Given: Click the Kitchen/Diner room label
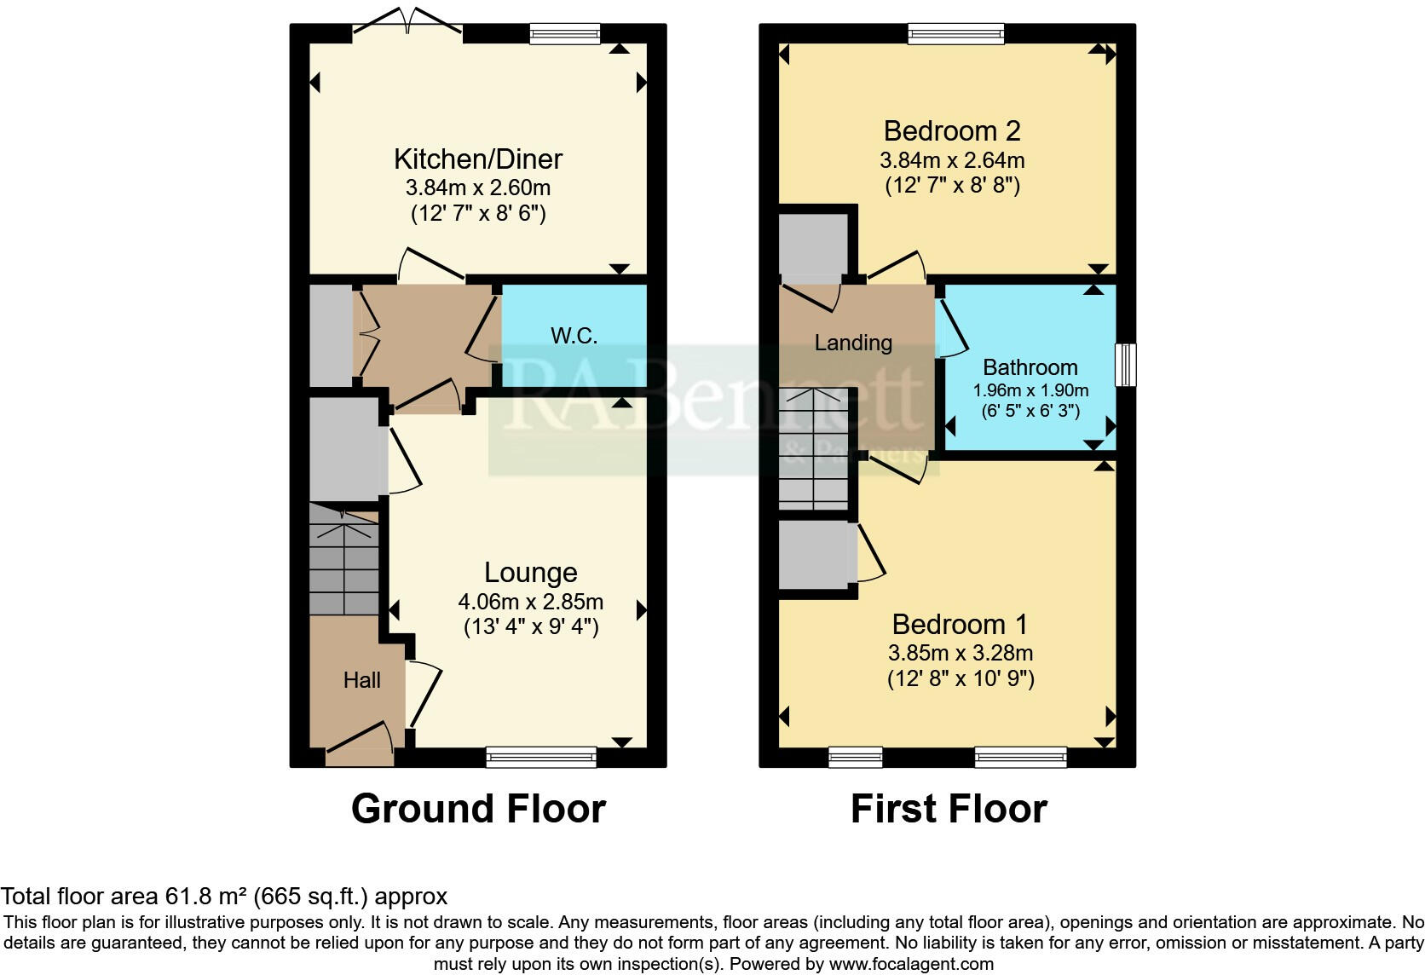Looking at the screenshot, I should (x=478, y=159).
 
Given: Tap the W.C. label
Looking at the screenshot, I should (x=574, y=336).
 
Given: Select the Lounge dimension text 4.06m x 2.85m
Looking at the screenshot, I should (x=530, y=602).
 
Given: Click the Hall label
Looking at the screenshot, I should (x=361, y=680).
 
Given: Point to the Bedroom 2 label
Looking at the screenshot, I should (x=951, y=131).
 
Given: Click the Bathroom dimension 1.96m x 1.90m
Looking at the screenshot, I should (x=1030, y=390).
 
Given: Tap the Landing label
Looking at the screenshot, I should (x=853, y=343).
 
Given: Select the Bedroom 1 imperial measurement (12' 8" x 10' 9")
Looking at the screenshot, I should (x=961, y=679).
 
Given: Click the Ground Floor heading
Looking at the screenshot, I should (x=478, y=809).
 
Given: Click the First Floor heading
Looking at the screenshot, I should (x=949, y=809).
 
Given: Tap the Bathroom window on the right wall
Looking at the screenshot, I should (x=1126, y=365).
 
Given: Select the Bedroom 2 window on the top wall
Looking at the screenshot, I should (x=955, y=34).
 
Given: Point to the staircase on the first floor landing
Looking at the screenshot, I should (x=814, y=448).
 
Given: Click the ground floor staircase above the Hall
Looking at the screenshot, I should (x=343, y=559).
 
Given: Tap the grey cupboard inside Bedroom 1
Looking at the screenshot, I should (x=816, y=554).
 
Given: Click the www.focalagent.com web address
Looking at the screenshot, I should (x=911, y=965).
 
